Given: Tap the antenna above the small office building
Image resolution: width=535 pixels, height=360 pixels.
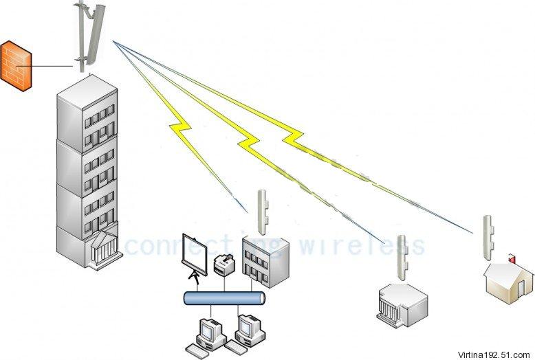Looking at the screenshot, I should click(262, 212).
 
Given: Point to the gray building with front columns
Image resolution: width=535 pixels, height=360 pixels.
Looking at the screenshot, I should click(402, 302).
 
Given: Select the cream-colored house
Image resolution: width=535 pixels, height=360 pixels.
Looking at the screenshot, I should click(509, 281).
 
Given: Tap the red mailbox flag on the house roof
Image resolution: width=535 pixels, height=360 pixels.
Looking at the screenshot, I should click(510, 258).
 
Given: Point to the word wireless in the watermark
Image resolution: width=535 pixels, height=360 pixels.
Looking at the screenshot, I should click(364, 245).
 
